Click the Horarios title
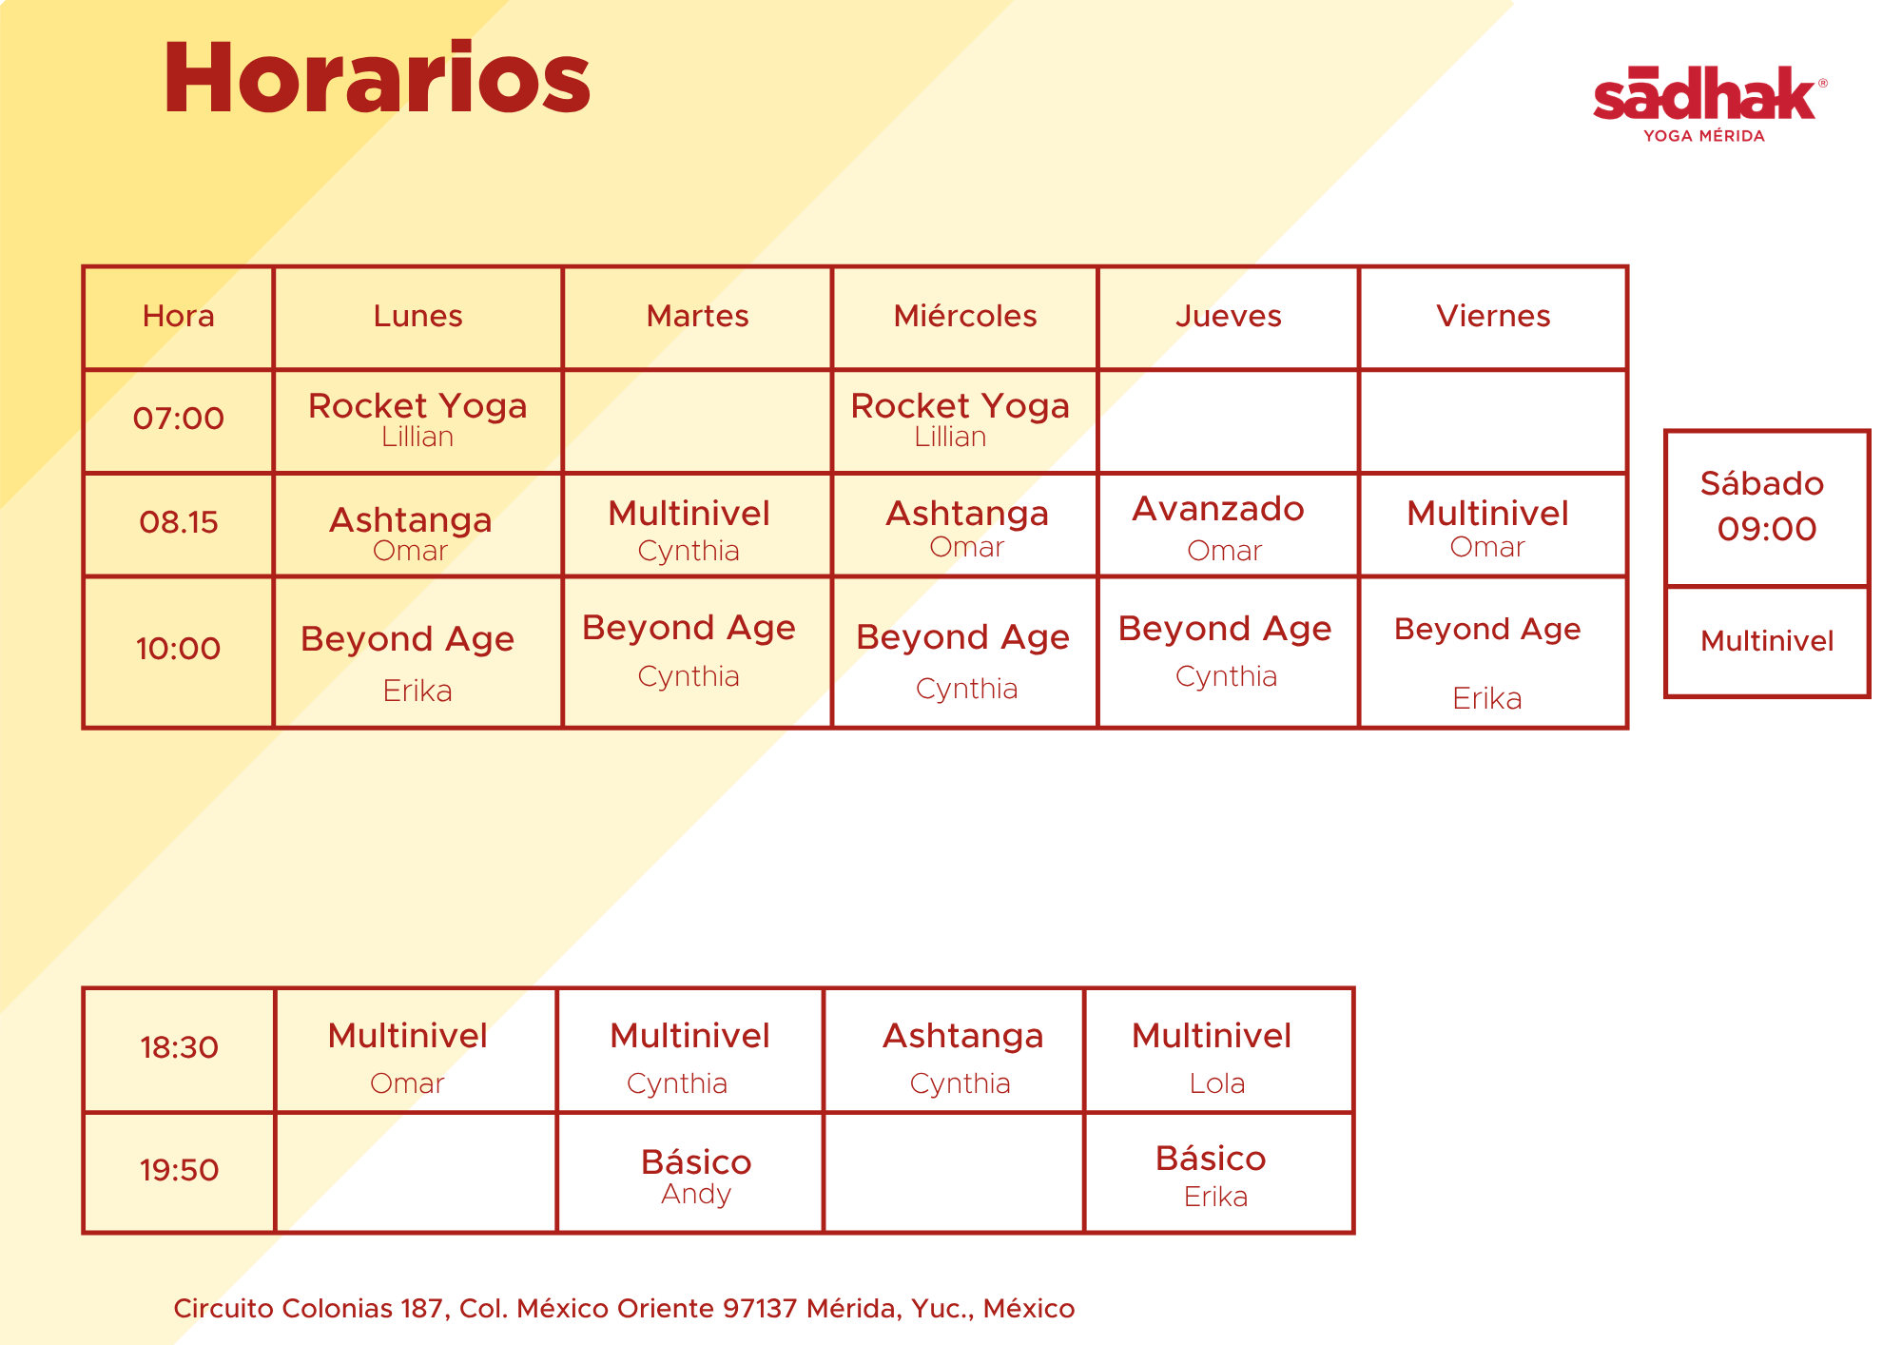click(x=378, y=78)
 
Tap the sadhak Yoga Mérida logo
click(x=1709, y=104)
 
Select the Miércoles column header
click(x=965, y=316)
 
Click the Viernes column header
click(x=1493, y=316)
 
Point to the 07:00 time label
click(x=179, y=419)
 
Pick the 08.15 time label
click(x=179, y=522)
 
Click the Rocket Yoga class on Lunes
click(x=417, y=419)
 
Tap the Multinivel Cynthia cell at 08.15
click(x=689, y=530)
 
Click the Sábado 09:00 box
click(x=1767, y=508)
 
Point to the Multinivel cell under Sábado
click(x=1767, y=642)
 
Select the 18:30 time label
click(x=179, y=1048)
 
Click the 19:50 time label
click(x=179, y=1170)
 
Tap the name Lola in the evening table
click(x=1217, y=1083)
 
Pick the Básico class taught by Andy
click(x=696, y=1176)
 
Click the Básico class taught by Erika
click(x=1211, y=1176)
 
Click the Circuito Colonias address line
click(x=624, y=1309)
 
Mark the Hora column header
click(x=179, y=316)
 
